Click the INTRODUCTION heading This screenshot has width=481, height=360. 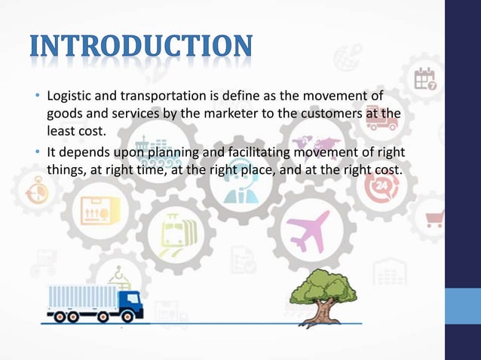click(141, 47)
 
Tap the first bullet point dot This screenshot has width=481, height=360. click(37, 97)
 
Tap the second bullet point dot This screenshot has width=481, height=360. click(37, 152)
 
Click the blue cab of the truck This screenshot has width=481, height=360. click(131, 304)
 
